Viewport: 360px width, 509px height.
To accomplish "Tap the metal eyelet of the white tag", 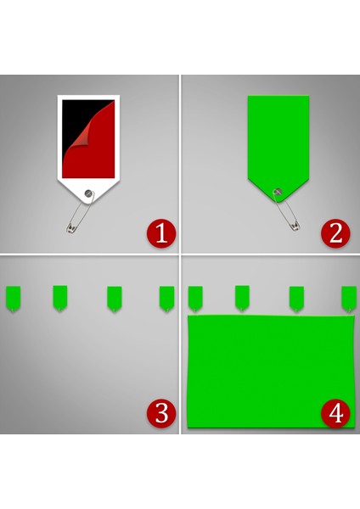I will click(89, 193).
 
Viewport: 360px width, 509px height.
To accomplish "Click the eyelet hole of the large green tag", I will click(277, 192).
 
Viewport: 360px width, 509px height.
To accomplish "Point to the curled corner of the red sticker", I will click(101, 115).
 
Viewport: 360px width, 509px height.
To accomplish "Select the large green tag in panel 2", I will click(278, 140).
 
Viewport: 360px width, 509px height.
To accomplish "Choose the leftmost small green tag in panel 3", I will click(14, 298).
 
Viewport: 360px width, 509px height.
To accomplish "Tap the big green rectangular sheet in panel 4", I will click(268, 369).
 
